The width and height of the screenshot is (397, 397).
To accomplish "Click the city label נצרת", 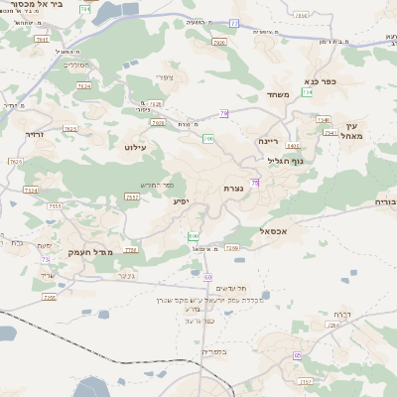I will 233,188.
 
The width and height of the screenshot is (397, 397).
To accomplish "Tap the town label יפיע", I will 181,201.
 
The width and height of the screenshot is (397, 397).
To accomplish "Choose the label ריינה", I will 270,141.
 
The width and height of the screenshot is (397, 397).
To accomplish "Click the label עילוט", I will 135,147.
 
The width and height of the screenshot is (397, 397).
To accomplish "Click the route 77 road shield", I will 233,22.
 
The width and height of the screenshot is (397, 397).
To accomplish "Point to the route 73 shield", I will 45,260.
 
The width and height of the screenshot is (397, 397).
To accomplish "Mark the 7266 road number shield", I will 231,247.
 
